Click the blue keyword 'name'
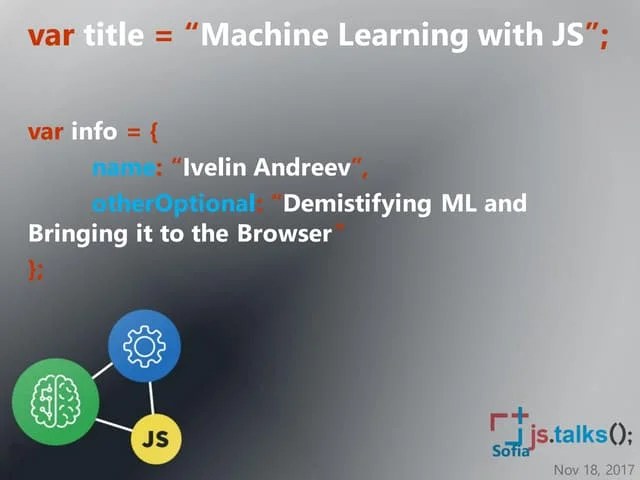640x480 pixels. (124, 167)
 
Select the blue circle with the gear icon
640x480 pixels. (144, 346)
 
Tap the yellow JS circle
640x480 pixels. (155, 437)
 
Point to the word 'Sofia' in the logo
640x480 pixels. (510, 451)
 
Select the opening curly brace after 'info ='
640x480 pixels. (154, 132)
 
